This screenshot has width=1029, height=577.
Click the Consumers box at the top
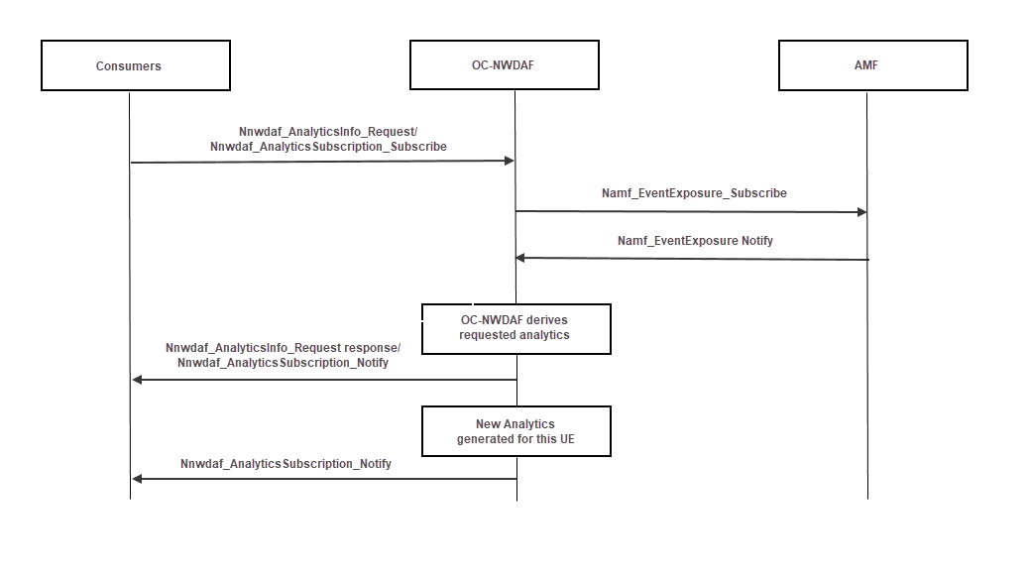point(135,65)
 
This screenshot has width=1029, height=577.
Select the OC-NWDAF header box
point(504,65)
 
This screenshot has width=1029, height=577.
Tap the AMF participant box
point(872,65)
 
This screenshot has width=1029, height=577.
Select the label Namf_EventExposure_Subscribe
point(694,193)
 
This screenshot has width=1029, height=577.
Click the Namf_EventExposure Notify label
point(695,241)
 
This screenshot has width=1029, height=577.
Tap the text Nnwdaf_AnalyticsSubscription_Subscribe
point(328,147)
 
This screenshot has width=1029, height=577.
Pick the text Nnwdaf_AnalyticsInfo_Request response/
point(283,348)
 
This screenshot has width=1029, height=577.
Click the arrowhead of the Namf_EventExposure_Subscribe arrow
point(861,212)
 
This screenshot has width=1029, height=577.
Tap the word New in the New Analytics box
point(488,424)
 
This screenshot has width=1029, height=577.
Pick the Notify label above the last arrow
point(286,464)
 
